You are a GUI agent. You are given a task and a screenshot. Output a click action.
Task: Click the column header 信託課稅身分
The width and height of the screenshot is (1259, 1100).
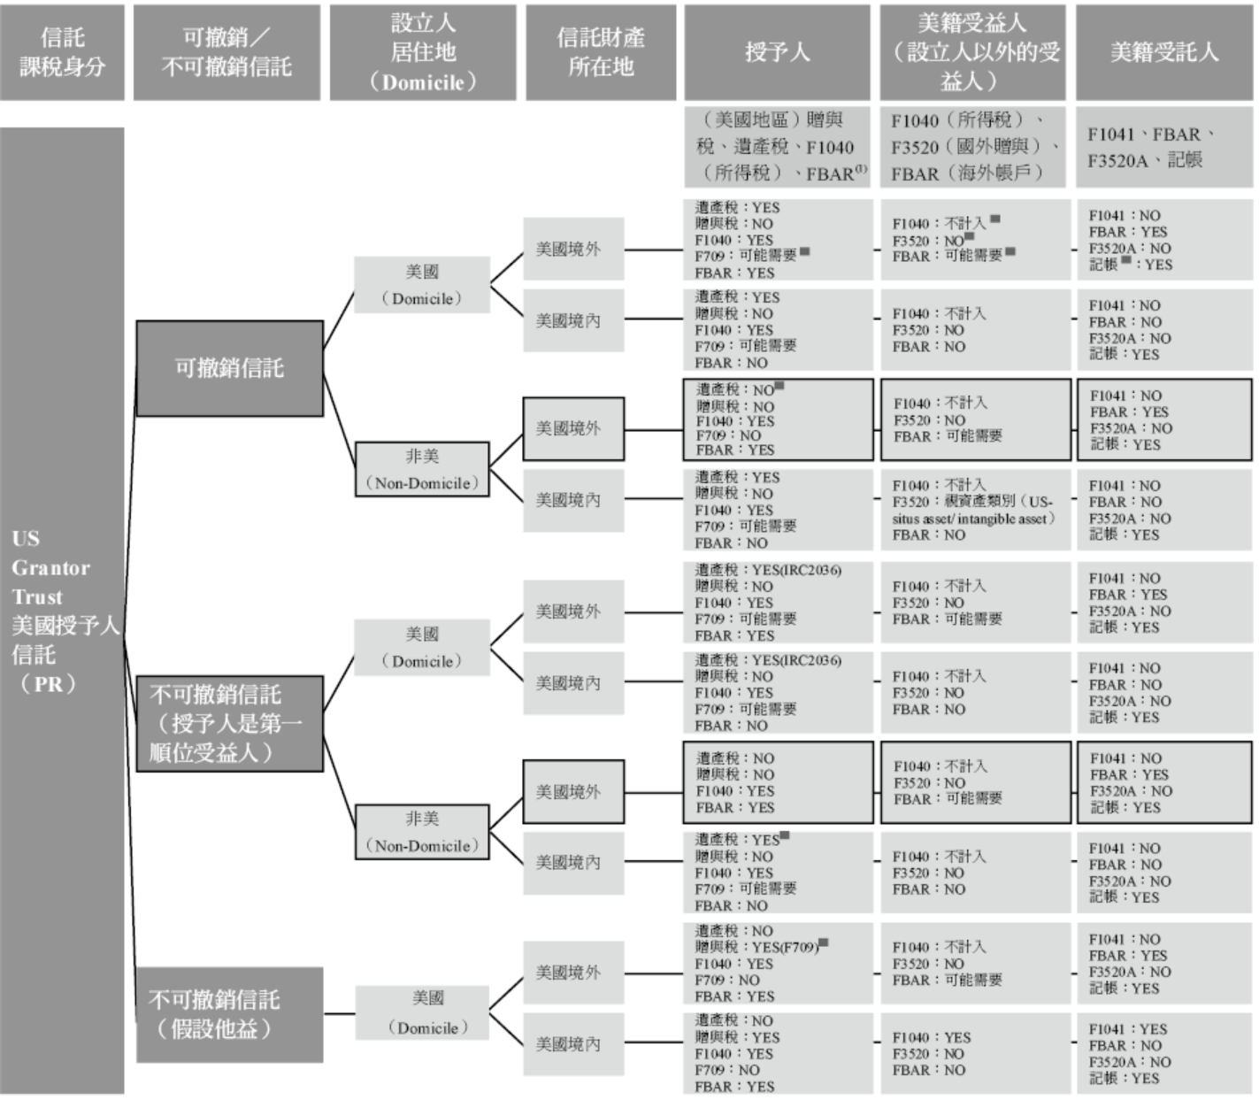pos(62,52)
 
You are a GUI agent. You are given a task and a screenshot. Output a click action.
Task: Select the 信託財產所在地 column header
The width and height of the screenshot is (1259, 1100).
pos(601,52)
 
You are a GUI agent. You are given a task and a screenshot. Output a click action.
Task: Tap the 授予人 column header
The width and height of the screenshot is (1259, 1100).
pos(778,52)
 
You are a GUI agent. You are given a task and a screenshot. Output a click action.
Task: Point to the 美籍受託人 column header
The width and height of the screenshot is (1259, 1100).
pos(1164,52)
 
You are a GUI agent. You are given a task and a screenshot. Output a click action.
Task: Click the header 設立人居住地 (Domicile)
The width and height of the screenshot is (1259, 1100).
pos(423,52)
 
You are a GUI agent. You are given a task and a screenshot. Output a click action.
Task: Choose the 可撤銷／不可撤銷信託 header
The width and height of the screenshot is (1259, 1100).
pos(226,52)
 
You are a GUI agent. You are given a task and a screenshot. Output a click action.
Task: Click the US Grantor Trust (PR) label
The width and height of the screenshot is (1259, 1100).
pos(62,611)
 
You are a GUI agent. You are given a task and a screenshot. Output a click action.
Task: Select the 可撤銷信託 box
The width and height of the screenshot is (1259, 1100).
pos(229,368)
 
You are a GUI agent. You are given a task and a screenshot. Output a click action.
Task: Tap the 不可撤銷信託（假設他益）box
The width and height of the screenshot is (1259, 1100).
pos(229,1014)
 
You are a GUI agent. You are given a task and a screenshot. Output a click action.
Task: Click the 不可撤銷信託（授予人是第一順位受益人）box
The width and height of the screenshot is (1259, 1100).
pos(229,723)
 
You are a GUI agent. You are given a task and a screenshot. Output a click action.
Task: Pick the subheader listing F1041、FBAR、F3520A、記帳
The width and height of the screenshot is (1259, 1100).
pos(1164,148)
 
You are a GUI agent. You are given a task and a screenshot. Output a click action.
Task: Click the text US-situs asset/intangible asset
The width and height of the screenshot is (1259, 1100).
pos(972,519)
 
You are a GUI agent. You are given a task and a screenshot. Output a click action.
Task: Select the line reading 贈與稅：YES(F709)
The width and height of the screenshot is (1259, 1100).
pos(757,948)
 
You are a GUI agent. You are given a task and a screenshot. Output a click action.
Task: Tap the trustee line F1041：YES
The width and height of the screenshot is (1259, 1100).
pos(1128,1029)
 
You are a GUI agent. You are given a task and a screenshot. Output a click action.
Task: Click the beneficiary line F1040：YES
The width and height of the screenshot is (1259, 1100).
pos(932,1037)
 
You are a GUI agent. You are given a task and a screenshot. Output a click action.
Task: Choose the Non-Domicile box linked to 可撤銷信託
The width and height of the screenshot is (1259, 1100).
pos(422,470)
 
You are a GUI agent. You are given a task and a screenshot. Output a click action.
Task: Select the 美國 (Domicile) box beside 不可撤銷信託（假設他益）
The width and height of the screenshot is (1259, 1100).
pos(423,1013)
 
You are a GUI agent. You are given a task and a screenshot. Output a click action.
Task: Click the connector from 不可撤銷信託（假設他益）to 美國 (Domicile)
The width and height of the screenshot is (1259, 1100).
pos(339,1013)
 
